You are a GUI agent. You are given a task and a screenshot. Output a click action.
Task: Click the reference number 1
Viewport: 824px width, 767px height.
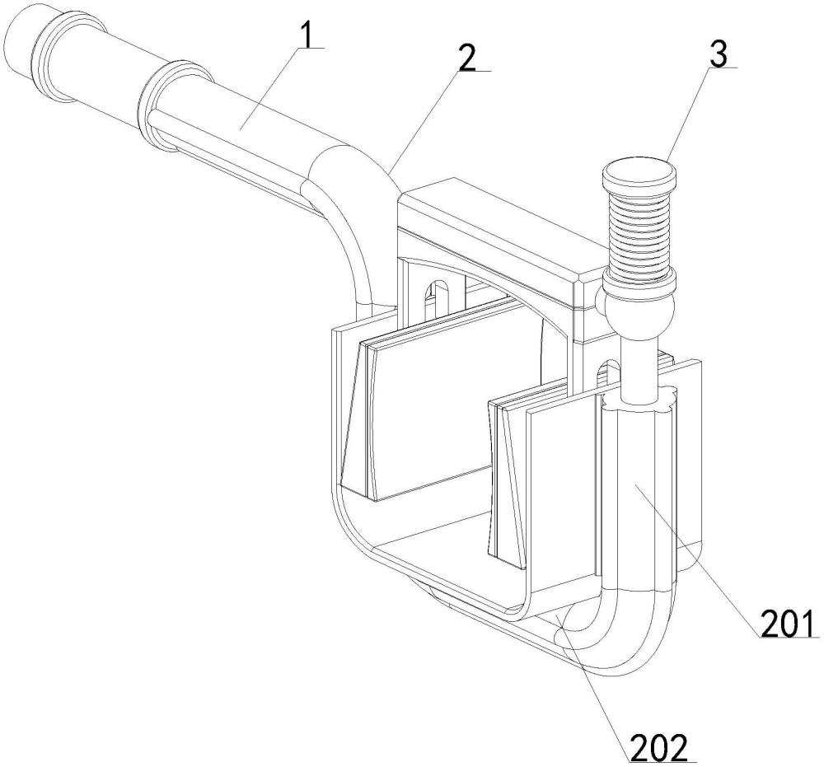click(x=306, y=33)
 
